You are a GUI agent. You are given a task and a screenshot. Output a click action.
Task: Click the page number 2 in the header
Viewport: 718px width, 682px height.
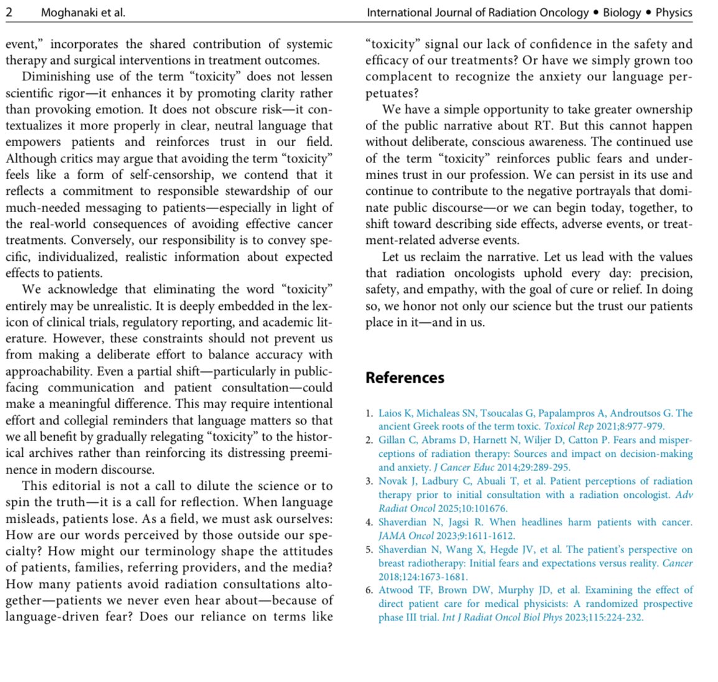pyautogui.click(x=9, y=12)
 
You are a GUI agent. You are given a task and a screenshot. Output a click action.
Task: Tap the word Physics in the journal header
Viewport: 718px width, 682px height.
pyautogui.click(x=673, y=12)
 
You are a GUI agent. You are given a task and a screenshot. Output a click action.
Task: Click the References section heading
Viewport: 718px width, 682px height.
pyautogui.click(x=404, y=378)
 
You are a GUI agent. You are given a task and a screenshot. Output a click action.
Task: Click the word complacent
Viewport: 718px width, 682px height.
pyautogui.click(x=399, y=77)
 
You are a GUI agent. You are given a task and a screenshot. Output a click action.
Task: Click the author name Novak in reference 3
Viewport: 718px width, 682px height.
pyautogui.click(x=393, y=481)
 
